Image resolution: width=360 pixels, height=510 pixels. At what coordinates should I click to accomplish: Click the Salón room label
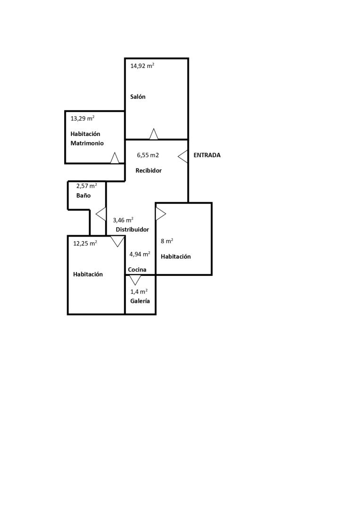pos(138,97)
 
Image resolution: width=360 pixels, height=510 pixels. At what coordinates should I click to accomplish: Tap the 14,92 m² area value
pos(142,66)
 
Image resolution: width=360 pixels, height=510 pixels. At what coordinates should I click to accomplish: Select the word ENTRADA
pos(207,155)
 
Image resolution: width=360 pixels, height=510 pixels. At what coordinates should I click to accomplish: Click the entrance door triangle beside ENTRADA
pos(184,156)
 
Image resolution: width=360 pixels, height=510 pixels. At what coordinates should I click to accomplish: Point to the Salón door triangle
pos(154,135)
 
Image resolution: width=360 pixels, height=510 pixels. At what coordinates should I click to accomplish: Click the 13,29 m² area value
pos(82,119)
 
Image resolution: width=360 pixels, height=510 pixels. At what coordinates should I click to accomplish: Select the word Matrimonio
pos(87,143)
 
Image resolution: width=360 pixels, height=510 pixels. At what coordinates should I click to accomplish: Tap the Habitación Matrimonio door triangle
pos(115,159)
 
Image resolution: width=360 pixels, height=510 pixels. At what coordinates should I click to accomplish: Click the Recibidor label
pos(149,170)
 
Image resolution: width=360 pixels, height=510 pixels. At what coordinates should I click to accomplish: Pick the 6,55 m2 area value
pos(148,155)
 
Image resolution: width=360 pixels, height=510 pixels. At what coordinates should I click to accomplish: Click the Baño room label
pos(84,195)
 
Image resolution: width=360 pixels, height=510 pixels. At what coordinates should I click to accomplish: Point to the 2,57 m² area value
pos(87,186)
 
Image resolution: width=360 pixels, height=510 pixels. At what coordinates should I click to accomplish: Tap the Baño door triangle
pos(101,214)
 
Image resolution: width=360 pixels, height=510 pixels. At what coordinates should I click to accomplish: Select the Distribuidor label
pos(133,229)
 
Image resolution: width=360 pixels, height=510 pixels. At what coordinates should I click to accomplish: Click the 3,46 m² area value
pos(123,220)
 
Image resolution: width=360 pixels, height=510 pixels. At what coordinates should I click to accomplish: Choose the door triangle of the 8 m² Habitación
pos(160,214)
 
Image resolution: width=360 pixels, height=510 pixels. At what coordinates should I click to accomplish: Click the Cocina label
pos(137,270)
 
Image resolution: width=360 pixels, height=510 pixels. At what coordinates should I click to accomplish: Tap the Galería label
pos(140,301)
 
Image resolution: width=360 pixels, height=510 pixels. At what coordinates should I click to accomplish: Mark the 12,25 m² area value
pos(85,244)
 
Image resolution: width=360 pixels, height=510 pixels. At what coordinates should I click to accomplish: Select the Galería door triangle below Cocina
pos(135,280)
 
